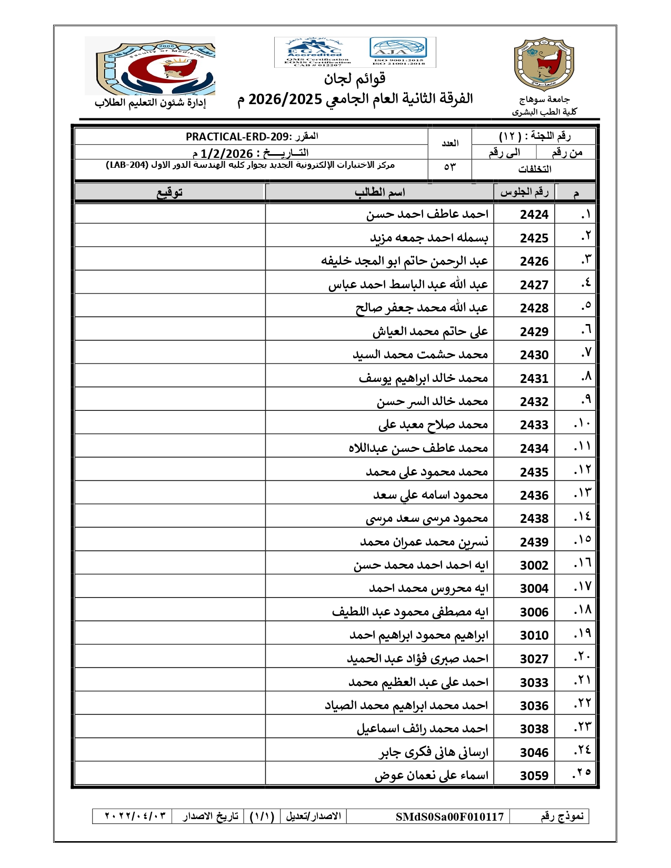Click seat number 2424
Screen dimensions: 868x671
pos(534,215)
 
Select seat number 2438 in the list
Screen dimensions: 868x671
pos(534,519)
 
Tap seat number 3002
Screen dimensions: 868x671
pos(534,566)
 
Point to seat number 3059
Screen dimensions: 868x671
pos(534,776)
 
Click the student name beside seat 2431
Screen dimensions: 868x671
pos(423,378)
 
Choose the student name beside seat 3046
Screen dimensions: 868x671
pos(434,753)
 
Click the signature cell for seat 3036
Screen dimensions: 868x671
pos(169,705)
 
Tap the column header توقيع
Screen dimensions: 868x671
pos(169,193)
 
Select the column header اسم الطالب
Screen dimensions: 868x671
pos(379,193)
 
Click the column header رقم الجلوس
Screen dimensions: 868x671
pos(524,193)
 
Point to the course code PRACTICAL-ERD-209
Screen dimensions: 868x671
pos(237,137)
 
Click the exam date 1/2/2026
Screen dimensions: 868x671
pos(226,154)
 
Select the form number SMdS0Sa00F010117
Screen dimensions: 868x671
pos(449,816)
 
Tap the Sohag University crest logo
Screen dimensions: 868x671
pos(544,64)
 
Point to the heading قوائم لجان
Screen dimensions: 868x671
pos(355,79)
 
